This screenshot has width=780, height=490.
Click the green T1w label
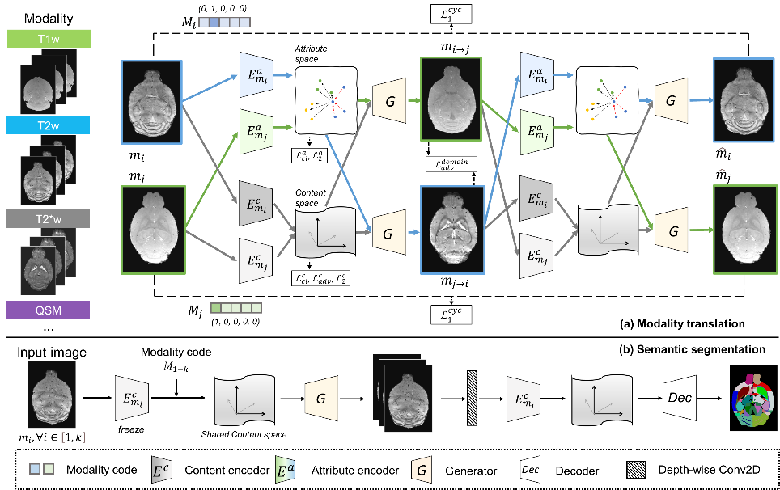tap(49, 39)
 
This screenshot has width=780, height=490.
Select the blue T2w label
tap(49, 125)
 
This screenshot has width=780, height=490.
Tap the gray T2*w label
tap(49, 219)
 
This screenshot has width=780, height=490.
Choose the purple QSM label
tap(49, 310)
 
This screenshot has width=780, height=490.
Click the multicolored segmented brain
tap(752, 399)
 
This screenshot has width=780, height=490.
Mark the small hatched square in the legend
tap(636, 469)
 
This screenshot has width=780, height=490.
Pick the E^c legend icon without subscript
tap(162, 470)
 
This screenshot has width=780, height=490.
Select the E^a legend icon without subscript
tap(286, 470)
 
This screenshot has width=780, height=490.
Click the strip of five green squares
tap(236, 307)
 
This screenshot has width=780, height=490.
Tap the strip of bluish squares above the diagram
tap(224, 23)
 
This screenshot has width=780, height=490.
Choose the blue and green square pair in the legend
tap(41, 469)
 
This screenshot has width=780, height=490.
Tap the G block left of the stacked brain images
tap(321, 398)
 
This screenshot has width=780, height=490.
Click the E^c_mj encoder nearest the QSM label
tap(254, 260)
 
